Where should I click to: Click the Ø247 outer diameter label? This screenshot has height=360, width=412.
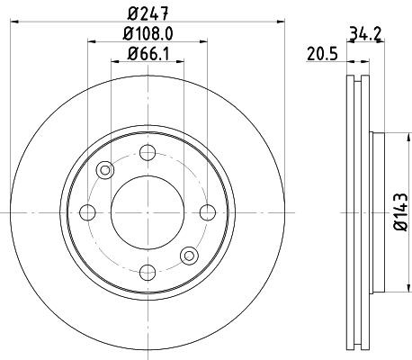(149, 13)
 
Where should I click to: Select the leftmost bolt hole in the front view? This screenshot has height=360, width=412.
(88, 212)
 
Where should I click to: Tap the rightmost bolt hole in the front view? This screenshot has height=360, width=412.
(209, 212)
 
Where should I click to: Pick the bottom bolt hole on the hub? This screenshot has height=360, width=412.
(148, 273)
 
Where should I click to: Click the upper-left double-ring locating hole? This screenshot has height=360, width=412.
(106, 169)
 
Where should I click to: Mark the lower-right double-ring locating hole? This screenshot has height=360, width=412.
(191, 255)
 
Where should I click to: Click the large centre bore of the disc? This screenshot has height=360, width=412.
(148, 212)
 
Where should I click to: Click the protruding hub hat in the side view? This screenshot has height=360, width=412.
(378, 212)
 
